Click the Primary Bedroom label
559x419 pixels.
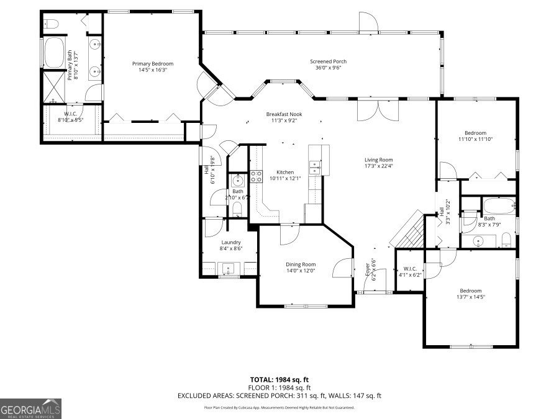[x=152, y=64]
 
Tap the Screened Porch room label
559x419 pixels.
[x=328, y=61]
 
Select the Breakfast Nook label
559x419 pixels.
[x=285, y=114]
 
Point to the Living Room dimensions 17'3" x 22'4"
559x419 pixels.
[x=378, y=166]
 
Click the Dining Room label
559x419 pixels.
[x=301, y=264]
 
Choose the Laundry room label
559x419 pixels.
[x=231, y=242]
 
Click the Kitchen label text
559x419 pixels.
[x=285, y=172]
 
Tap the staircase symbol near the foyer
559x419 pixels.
[x=408, y=230]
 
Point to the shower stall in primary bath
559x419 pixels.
[x=53, y=86]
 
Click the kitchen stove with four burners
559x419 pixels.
[x=257, y=176]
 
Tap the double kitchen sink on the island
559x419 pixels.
[x=316, y=167]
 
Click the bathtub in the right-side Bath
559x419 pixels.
[x=498, y=205]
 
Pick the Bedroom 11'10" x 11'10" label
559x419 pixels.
[x=476, y=136]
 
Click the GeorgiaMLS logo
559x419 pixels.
[x=31, y=409]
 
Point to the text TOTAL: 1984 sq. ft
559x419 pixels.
[x=279, y=379]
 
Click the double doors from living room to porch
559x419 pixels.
[x=378, y=110]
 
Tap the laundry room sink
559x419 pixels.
[x=229, y=269]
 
